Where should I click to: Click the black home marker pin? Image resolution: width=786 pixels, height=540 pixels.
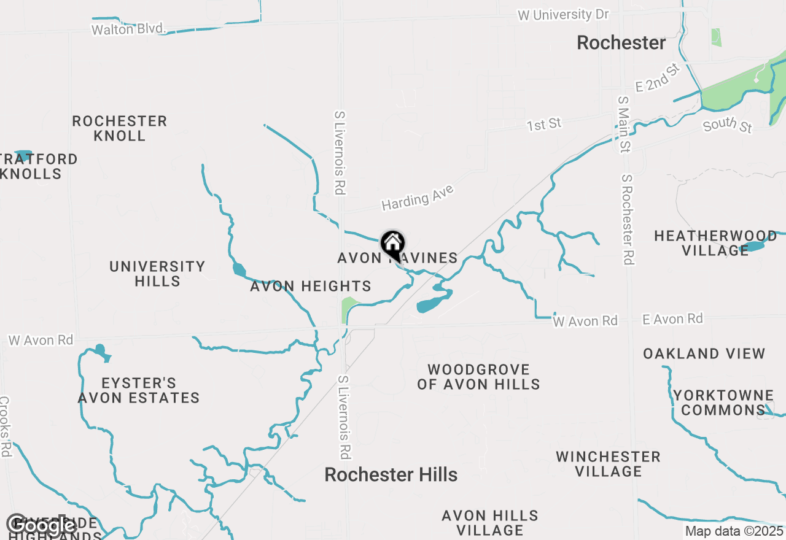[x=392, y=244]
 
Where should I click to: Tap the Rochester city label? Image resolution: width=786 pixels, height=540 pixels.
[x=621, y=43]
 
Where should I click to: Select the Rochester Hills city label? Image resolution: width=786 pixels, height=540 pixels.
[x=391, y=474]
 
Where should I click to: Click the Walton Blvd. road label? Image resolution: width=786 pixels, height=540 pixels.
[x=129, y=29]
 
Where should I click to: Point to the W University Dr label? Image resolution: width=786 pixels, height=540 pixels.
[x=563, y=15]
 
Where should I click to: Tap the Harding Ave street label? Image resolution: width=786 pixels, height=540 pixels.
[x=418, y=198]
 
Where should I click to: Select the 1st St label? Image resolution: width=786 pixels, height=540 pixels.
[x=544, y=125]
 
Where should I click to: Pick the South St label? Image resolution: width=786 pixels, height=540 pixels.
[x=728, y=125]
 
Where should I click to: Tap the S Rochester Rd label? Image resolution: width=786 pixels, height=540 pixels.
[x=627, y=219]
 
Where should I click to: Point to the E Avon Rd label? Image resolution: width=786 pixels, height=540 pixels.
[x=672, y=318]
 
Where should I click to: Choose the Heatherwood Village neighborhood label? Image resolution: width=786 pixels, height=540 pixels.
[x=715, y=244]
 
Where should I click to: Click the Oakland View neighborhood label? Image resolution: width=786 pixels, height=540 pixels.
[x=704, y=354]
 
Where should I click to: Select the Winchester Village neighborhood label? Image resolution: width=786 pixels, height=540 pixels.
[x=608, y=464]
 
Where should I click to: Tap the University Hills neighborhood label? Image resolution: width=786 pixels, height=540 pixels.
[x=157, y=274]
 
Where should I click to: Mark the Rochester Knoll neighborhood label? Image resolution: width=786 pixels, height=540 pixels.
[x=120, y=128]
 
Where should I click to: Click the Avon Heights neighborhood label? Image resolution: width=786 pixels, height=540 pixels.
[x=311, y=286]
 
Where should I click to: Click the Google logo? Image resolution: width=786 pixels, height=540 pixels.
[x=41, y=525]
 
